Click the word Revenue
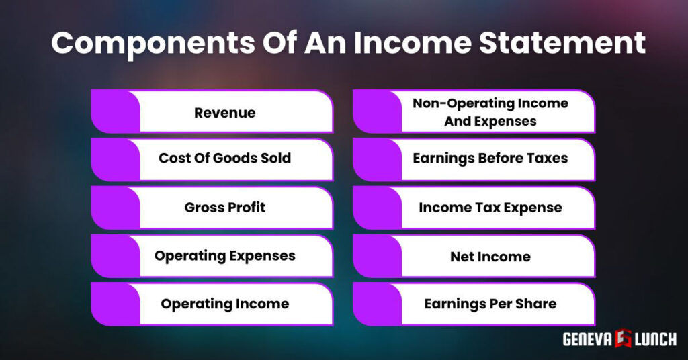click(x=224, y=113)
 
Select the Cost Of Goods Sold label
click(x=224, y=159)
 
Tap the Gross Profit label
click(x=224, y=208)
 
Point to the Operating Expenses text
click(x=224, y=256)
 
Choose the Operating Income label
click(x=224, y=304)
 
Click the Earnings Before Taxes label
click(x=490, y=159)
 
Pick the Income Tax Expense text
click(x=490, y=208)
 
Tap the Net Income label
click(x=490, y=257)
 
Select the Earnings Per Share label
click(x=490, y=304)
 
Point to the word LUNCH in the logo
click(x=654, y=339)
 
